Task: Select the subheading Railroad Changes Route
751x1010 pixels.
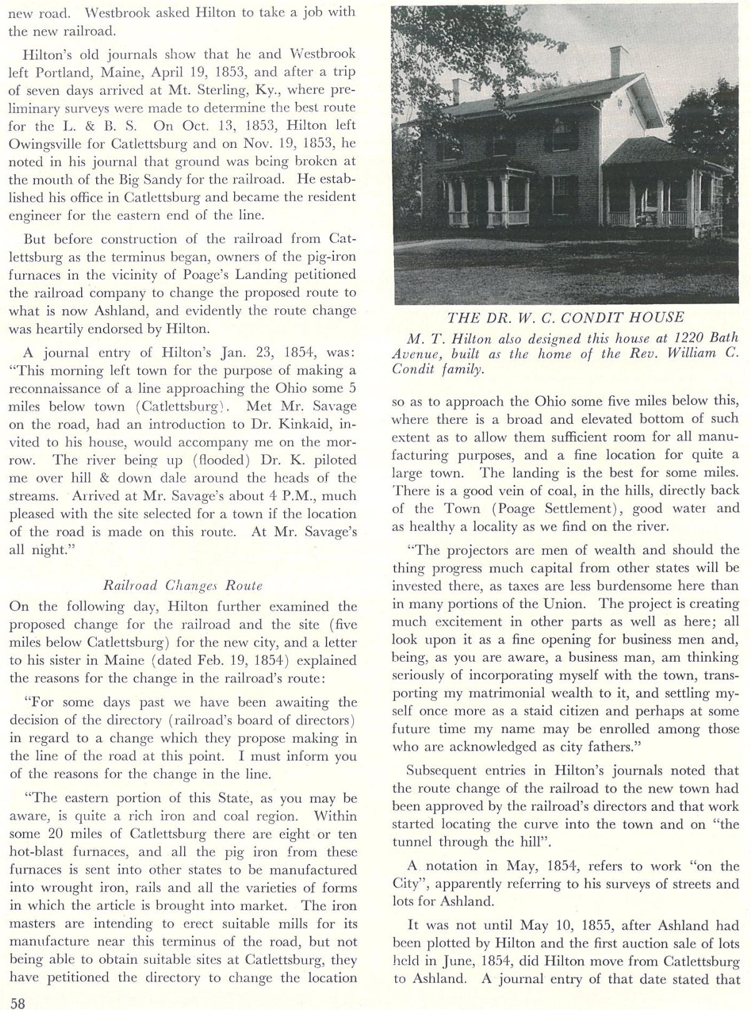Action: click(182, 586)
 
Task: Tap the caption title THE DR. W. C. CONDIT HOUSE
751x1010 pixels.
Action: click(566, 317)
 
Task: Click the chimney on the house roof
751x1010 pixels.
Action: click(618, 61)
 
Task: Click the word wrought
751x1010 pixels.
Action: click(76, 888)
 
